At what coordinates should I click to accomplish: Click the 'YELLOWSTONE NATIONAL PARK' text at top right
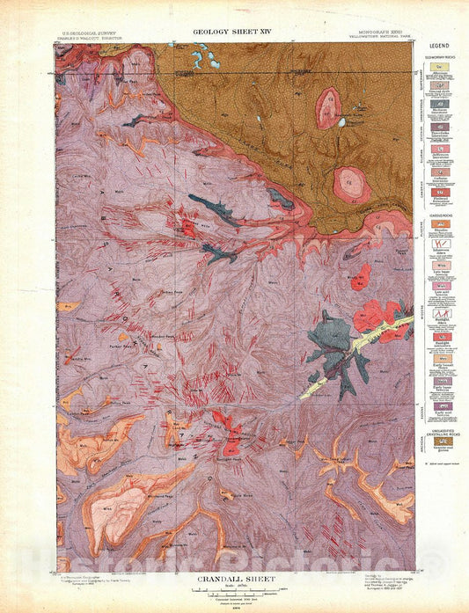point(385,38)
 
